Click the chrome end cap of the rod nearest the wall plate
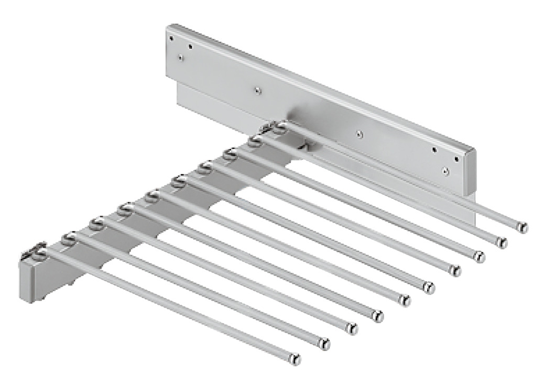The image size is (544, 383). (523, 227)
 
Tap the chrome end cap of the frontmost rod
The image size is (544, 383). (296, 360)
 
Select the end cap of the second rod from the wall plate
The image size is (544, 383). (502, 242)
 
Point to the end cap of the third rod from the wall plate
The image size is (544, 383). (479, 257)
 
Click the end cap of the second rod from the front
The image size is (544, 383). (325, 344)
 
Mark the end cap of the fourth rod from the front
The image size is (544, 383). (377, 316)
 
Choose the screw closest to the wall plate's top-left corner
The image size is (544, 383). (170, 38)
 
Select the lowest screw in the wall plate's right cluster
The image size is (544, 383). (445, 170)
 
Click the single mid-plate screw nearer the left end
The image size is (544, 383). (257, 90)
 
